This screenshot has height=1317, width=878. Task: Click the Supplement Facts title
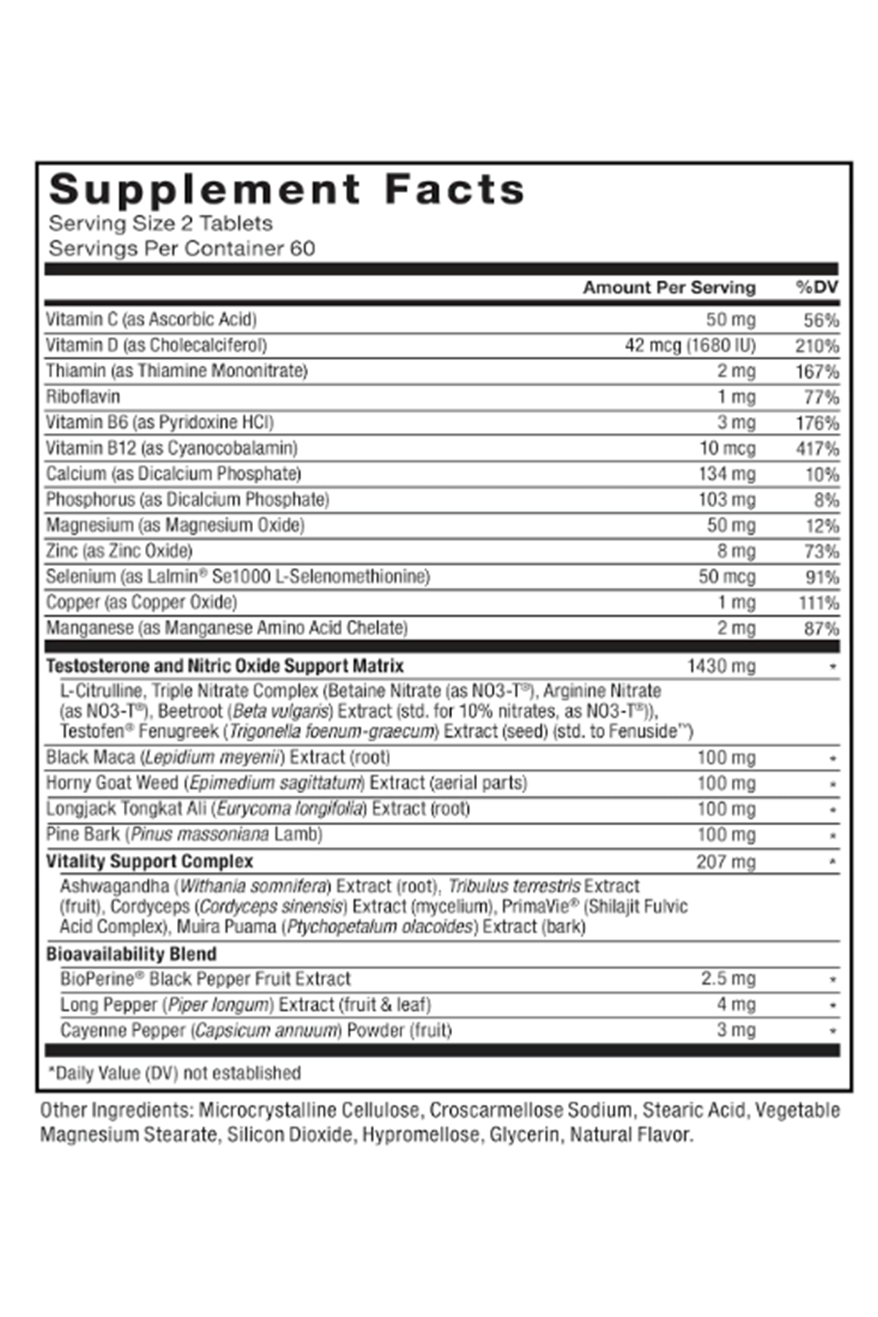click(287, 190)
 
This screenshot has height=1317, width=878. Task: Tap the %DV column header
click(817, 288)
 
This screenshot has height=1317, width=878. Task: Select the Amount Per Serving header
click(669, 288)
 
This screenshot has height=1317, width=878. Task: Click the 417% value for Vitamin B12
click(817, 449)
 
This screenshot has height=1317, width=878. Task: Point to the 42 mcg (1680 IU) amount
click(690, 345)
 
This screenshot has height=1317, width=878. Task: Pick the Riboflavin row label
click(83, 397)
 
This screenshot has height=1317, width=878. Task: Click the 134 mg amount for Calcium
click(727, 474)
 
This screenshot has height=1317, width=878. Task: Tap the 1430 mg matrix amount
click(721, 666)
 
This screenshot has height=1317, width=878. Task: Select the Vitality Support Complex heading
click(149, 861)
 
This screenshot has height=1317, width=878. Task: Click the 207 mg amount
click(725, 862)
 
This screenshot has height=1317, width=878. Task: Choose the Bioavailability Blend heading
click(131, 954)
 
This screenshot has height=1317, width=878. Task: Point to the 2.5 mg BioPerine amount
click(728, 979)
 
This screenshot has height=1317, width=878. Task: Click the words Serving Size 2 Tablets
click(160, 223)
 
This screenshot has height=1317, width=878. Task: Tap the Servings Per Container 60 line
click(181, 249)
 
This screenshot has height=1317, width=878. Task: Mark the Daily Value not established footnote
click(174, 1073)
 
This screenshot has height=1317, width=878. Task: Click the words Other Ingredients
click(117, 1111)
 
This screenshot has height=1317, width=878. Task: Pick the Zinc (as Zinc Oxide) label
click(119, 551)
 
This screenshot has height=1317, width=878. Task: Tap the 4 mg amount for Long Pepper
click(735, 1005)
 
